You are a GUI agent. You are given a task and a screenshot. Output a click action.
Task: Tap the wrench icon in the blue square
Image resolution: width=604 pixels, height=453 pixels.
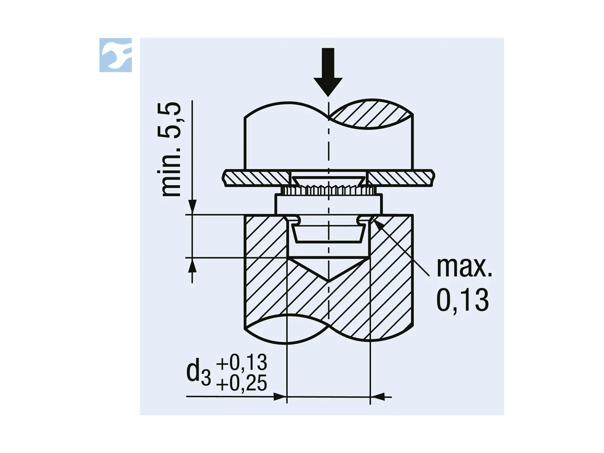pos(116,55)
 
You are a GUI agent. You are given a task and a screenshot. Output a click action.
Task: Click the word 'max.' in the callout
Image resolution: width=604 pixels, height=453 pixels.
pos(464,267)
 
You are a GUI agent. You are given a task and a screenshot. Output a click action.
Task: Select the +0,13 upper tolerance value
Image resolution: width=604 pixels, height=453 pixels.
pos(242,362)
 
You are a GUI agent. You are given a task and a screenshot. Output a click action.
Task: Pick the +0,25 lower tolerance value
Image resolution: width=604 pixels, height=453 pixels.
pos(242,383)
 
